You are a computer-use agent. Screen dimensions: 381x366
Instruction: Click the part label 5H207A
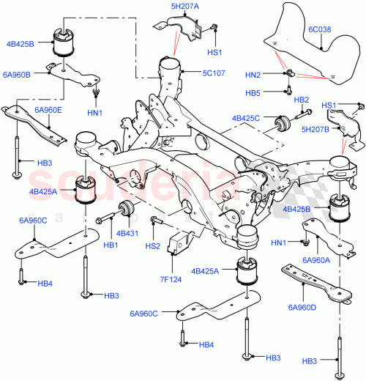click(x=185, y=6)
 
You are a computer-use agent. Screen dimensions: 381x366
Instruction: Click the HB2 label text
click(x=301, y=99)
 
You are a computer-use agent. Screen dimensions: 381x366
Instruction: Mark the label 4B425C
click(x=248, y=117)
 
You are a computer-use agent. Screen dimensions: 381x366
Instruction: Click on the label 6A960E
click(x=48, y=110)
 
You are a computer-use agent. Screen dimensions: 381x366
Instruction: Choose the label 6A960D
click(x=303, y=307)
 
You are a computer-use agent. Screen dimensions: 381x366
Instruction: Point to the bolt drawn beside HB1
click(x=105, y=216)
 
